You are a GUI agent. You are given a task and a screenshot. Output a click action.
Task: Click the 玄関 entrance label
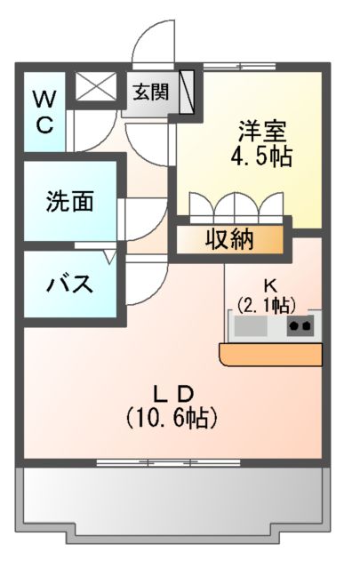[x=151, y=91]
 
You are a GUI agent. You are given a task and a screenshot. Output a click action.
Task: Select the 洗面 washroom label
[x=69, y=202]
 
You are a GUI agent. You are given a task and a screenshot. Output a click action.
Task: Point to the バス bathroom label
[x=69, y=284]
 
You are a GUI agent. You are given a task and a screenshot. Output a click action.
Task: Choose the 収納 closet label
[x=229, y=240]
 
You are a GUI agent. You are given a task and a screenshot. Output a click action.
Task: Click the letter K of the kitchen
[x=271, y=286]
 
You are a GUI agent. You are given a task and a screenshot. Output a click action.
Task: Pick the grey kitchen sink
[x=252, y=327]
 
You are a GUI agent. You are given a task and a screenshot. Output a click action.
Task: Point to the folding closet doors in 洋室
[x=236, y=206]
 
